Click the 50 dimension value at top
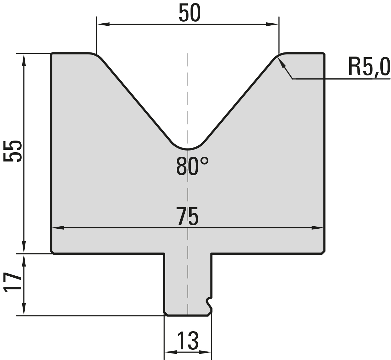pos(190,13)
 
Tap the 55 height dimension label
pos(12,151)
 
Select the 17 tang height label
pos(12,282)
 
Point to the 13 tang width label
pos(188,341)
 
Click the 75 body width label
pos(188,216)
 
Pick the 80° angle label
pos(192,166)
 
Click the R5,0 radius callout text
pos(369,67)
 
